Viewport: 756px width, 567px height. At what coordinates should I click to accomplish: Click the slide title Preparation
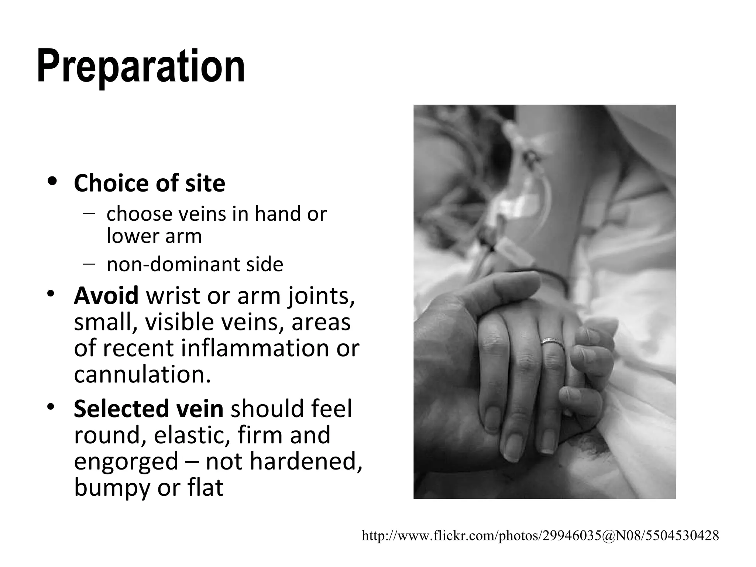click(x=141, y=66)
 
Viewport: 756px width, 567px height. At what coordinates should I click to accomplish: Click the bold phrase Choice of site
click(x=149, y=183)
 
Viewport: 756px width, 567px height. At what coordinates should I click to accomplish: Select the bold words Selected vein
click(x=148, y=409)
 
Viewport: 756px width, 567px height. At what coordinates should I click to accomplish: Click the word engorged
click(x=126, y=461)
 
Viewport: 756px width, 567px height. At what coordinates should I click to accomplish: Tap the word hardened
click(x=302, y=461)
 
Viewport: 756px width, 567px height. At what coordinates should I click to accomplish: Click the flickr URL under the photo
click(x=540, y=535)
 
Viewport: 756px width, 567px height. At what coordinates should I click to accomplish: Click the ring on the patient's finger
click(x=552, y=341)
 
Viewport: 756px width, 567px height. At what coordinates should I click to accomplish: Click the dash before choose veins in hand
click(x=89, y=213)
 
